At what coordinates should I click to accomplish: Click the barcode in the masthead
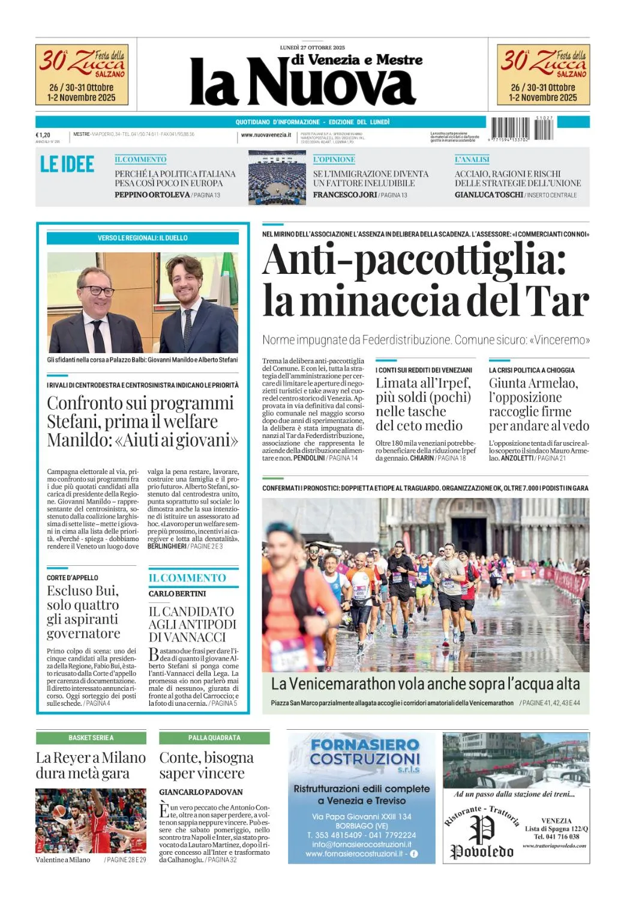point(522,129)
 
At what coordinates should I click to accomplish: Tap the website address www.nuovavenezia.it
point(266,135)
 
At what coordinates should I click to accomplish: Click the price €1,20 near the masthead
point(43,135)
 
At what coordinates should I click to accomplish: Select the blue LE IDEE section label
point(67,165)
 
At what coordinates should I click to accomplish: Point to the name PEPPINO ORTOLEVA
point(152,195)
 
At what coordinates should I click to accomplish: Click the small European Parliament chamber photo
point(277,177)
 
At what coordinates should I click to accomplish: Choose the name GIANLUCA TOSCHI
point(488,195)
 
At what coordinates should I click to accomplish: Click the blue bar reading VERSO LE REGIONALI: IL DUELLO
point(143,238)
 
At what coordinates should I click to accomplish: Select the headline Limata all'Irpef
point(423,383)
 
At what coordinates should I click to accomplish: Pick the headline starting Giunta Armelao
point(533,383)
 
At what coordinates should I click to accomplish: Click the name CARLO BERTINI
point(177,593)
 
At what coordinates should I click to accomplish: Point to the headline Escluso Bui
point(82,590)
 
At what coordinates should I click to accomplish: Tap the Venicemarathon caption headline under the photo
point(425,684)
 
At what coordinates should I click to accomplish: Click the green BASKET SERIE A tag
point(91,738)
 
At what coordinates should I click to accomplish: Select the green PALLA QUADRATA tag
point(214,738)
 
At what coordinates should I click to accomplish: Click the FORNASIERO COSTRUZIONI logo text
point(364,751)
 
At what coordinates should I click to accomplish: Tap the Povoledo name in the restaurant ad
point(482,851)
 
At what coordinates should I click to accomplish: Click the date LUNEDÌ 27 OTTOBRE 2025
point(312,47)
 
